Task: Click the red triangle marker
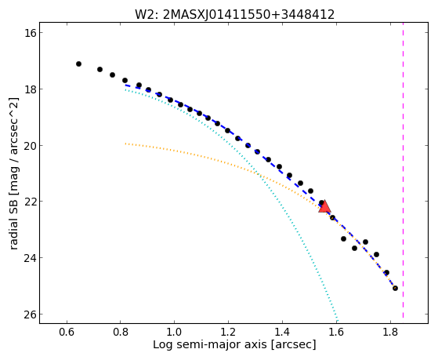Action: coord(324,207)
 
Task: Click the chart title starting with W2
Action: coord(235,15)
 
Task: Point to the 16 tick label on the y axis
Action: coord(30,33)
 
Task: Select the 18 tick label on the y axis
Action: coord(30,89)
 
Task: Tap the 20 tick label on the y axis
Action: coord(30,145)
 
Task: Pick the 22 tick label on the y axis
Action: coord(30,202)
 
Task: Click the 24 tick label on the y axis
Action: coord(30,257)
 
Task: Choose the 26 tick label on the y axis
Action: coord(30,315)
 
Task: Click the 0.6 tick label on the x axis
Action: coord(67,332)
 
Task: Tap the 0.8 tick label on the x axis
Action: coord(121,332)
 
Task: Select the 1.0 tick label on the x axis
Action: coord(174,332)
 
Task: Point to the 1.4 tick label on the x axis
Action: coord(282,332)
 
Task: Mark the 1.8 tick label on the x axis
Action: coord(390,332)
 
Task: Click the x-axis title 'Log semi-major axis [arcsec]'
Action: coord(234,345)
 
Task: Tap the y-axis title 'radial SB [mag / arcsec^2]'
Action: coord(14,173)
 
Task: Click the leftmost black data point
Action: coord(79,64)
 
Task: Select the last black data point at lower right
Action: coord(395,288)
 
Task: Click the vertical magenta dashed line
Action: coord(403,170)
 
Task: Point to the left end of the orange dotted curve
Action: coord(125,144)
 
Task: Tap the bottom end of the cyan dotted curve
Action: coord(338,321)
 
